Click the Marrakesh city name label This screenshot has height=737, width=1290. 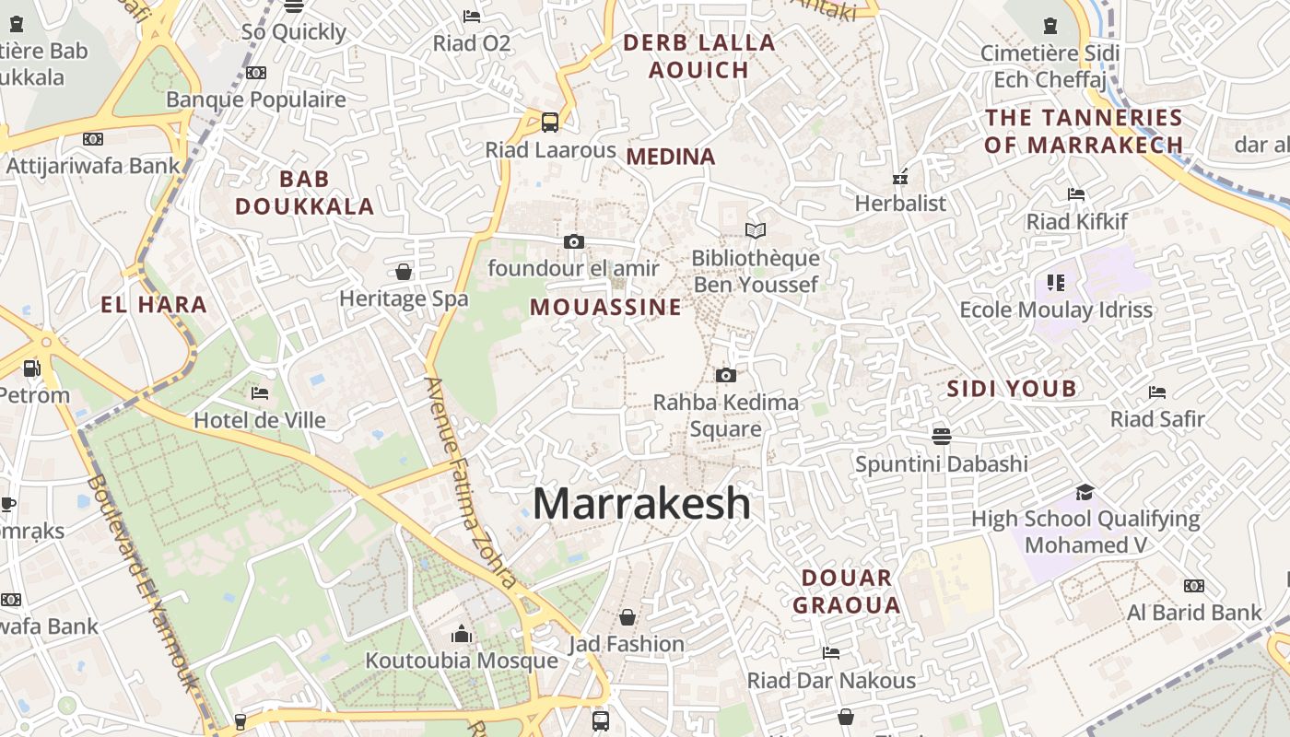coord(641,504)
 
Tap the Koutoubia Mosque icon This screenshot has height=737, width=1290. coord(462,634)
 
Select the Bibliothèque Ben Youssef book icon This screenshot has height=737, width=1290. coord(756,230)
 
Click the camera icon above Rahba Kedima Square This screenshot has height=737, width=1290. coord(726,375)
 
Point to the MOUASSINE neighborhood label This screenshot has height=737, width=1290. coord(605,307)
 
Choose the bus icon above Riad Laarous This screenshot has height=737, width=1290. coord(550,122)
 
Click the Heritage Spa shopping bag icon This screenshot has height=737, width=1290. coord(404,272)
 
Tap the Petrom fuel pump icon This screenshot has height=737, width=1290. coord(31,368)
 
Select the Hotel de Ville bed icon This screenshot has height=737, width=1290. coord(260,393)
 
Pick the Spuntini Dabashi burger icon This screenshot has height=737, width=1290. coord(941,436)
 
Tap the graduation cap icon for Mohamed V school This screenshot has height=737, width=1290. coord(1085,492)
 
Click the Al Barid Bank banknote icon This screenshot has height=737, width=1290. coord(1193,586)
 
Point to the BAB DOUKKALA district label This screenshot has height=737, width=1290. coord(305,193)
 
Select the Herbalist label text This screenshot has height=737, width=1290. coord(900,203)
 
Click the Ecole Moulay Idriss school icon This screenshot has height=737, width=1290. coord(1056,282)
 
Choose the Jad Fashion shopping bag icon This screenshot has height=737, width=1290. coord(627,616)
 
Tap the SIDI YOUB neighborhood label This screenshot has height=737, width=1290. coord(1012,389)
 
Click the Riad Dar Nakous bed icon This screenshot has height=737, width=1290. coord(831,653)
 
